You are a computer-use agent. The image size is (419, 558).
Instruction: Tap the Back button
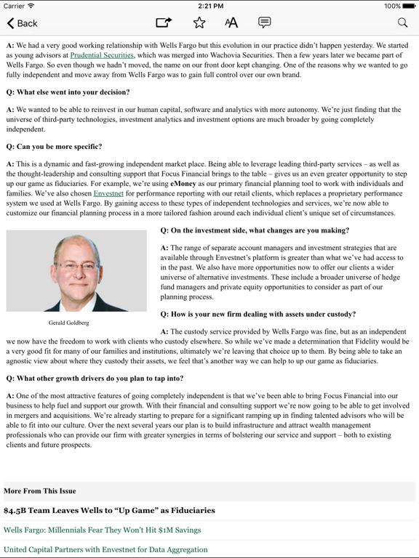[22, 23]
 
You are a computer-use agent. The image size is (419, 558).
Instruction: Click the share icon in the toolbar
[164, 23]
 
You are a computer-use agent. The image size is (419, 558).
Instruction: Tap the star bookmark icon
[199, 23]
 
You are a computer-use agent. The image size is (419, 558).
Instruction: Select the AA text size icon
[231, 23]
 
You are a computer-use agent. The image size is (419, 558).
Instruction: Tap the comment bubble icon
[265, 23]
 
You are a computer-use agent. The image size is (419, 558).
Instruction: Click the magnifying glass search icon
[402, 23]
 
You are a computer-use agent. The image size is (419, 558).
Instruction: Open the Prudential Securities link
[102, 55]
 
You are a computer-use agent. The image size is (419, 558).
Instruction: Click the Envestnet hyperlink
[108, 194]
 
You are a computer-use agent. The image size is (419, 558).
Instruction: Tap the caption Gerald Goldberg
[69, 323]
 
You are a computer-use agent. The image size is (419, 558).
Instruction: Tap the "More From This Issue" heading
[40, 491]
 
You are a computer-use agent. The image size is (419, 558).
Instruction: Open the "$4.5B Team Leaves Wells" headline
[109, 511]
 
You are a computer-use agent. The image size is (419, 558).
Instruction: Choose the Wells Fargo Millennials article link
[102, 530]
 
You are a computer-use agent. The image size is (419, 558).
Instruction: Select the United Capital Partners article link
[105, 550]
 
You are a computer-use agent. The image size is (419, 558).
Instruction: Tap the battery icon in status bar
[409, 6]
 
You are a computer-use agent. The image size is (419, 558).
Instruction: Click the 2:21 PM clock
[209, 6]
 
